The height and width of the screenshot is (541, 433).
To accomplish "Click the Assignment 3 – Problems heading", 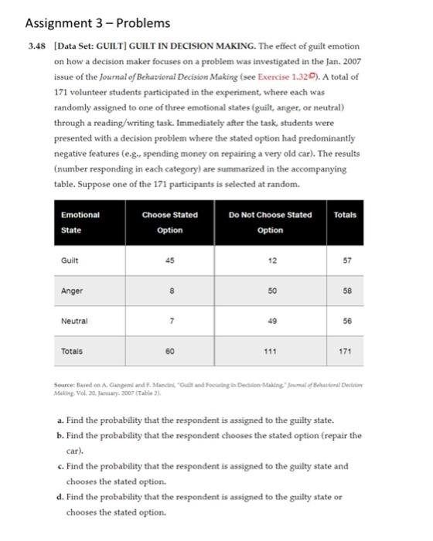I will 93,24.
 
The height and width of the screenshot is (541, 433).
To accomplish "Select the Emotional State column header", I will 81,222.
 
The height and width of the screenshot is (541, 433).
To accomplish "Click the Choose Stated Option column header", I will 170,222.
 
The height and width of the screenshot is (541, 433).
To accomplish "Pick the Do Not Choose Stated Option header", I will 270,222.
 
